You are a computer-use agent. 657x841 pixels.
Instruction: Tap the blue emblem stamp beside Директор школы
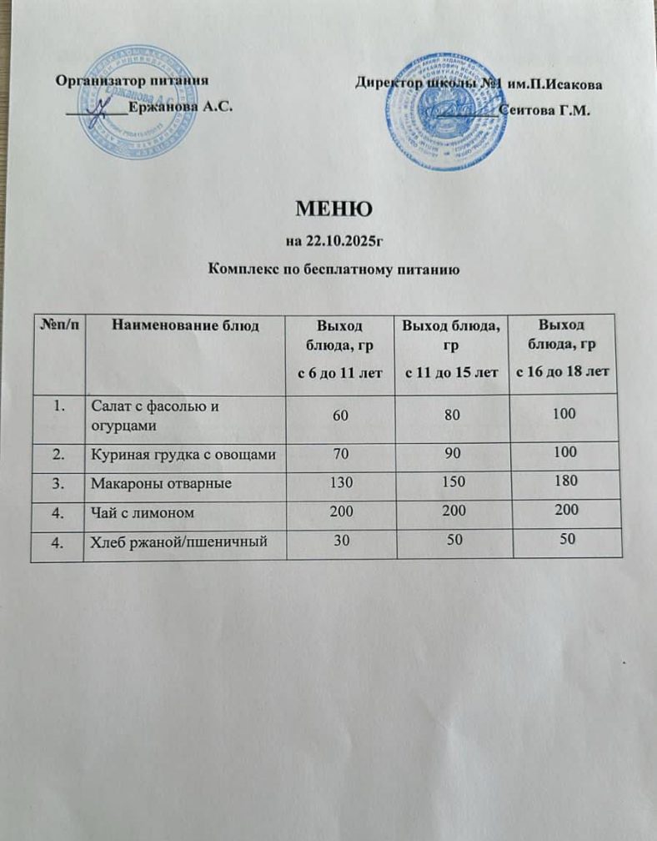pyautogui.click(x=444, y=110)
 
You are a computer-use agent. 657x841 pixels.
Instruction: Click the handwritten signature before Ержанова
pyautogui.click(x=101, y=106)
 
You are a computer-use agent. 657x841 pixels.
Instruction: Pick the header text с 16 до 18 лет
pyautogui.click(x=562, y=370)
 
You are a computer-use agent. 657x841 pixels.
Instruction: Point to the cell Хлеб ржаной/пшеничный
pyautogui.click(x=178, y=543)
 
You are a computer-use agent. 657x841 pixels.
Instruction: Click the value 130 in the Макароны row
pyautogui.click(x=342, y=483)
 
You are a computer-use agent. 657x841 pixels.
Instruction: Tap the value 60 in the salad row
pyautogui.click(x=341, y=415)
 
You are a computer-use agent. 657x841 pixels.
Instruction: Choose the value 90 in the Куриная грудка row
pyautogui.click(x=452, y=456)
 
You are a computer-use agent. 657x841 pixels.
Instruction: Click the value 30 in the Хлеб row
pyautogui.click(x=342, y=541)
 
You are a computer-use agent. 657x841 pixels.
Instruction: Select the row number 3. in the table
pyautogui.click(x=57, y=482)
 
